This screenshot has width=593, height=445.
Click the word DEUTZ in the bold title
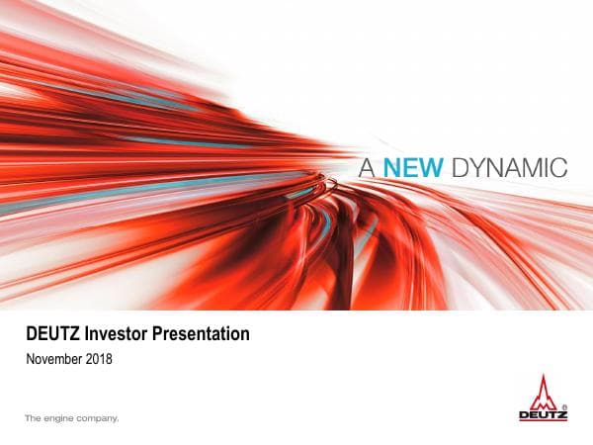tap(53, 334)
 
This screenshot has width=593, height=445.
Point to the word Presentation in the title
tap(202, 334)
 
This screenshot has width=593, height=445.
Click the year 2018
tap(100, 359)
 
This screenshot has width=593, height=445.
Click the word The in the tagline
tap(33, 418)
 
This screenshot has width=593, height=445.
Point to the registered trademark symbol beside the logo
tap(564, 406)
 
